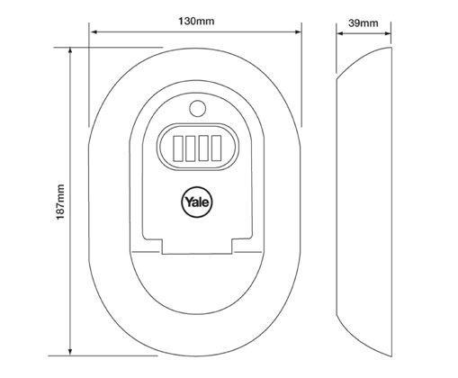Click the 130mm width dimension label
click(196, 22)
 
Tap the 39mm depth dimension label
click(364, 23)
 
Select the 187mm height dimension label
click(60, 202)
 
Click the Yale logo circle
click(197, 202)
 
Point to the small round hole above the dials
click(197, 108)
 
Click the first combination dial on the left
click(178, 148)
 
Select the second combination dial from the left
click(191, 148)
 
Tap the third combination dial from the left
click(203, 148)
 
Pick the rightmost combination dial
click(216, 148)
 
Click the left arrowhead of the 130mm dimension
click(93, 31)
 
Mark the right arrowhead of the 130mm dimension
click(298, 31)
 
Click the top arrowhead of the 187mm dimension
click(70, 50)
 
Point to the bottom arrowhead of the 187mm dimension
click(70, 352)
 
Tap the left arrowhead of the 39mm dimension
click(340, 33)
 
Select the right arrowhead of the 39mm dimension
click(388, 33)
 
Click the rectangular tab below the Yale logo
click(197, 247)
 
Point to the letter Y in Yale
click(188, 202)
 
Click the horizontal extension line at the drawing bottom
click(103, 356)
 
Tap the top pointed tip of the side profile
click(391, 48)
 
